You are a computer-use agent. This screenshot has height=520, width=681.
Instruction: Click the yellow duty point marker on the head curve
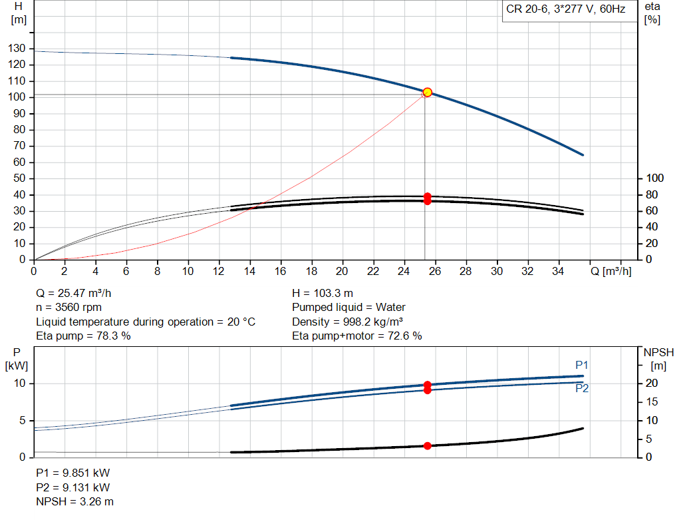coord(428,93)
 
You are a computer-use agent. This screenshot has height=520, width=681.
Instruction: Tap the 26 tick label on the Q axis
coord(435,271)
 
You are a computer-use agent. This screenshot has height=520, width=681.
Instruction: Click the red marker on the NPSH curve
coord(428,445)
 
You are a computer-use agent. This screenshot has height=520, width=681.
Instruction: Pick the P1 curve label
coord(582,365)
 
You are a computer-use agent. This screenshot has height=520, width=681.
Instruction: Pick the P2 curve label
coord(582,389)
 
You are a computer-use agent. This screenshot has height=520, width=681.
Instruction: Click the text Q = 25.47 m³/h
coord(79,293)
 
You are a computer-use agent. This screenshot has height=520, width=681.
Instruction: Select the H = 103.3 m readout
coord(323,293)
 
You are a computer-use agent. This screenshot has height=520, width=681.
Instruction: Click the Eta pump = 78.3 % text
coord(83,336)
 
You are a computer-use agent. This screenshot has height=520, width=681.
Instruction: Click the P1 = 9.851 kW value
coord(72,473)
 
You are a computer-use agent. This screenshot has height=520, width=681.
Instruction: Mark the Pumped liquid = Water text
coord(348,308)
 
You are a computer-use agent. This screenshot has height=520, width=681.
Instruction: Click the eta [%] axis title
coord(652,13)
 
